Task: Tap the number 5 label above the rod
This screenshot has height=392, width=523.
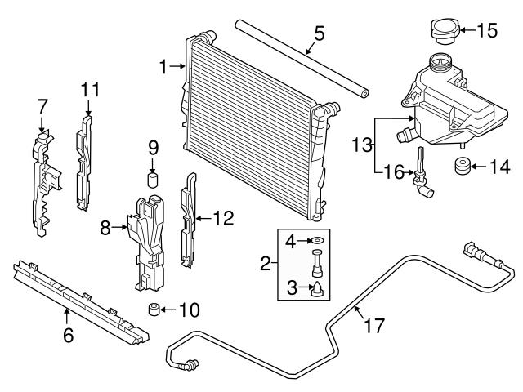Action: pyautogui.click(x=319, y=33)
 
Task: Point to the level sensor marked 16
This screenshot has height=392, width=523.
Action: pyautogui.click(x=420, y=170)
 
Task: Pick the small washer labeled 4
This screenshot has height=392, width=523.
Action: pyautogui.click(x=315, y=242)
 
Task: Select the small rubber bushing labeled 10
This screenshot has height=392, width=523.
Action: pyautogui.click(x=151, y=310)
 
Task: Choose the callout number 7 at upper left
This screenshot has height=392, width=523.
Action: pyautogui.click(x=42, y=105)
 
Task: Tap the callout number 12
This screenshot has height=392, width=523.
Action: pyautogui.click(x=223, y=218)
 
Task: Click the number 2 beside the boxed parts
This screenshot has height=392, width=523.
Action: pyautogui.click(x=265, y=265)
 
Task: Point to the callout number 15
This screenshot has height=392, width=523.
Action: pyautogui.click(x=487, y=32)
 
